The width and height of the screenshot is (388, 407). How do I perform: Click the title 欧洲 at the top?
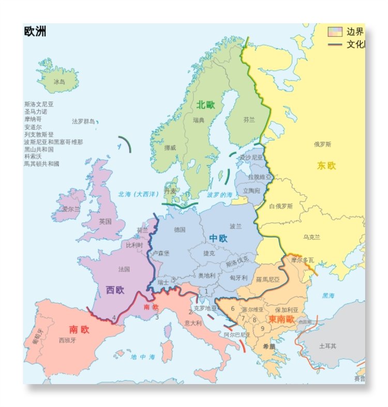[x=35, y=32]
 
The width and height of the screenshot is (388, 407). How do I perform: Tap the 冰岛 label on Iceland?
[x=59, y=82]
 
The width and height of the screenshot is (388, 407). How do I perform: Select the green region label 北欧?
[x=205, y=105]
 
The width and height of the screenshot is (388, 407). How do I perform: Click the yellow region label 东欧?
[x=326, y=166]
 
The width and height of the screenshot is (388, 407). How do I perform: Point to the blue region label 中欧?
[x=218, y=238]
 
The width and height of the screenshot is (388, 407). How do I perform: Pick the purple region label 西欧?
[x=115, y=290]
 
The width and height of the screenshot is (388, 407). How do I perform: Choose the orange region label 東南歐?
[x=281, y=319]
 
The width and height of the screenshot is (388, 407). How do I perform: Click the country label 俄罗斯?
[x=323, y=144]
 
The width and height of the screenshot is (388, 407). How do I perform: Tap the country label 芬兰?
[x=249, y=120]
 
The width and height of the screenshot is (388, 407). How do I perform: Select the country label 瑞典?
[x=198, y=120]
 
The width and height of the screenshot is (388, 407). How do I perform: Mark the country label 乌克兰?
[x=311, y=237]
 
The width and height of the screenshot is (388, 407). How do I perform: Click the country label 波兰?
[x=235, y=226]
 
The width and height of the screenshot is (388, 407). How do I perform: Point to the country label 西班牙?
[x=68, y=340]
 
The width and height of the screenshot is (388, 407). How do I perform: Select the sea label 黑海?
[x=329, y=296]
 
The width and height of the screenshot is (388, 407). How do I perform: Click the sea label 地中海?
[x=142, y=357]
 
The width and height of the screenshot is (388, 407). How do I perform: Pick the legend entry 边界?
[x=355, y=32]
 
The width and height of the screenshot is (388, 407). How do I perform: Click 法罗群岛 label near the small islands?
[x=83, y=122]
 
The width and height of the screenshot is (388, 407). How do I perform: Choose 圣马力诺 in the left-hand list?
[x=36, y=111]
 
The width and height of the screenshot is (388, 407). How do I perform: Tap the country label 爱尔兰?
[x=71, y=209]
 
